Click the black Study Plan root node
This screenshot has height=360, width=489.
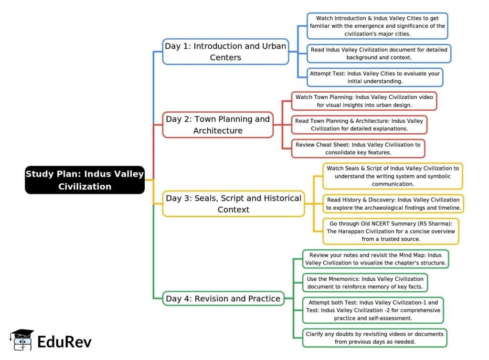tap(85, 180)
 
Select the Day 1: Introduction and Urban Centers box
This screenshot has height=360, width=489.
tap(225, 52)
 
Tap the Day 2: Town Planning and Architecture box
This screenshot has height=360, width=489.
tap(218, 125)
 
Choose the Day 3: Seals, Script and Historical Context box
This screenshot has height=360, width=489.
tap(234, 203)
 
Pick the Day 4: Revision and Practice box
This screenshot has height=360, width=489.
tap(223, 299)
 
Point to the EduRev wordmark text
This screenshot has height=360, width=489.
tap(64, 342)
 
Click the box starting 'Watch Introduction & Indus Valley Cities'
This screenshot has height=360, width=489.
tap(377, 26)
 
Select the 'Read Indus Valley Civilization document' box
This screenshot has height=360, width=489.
tap(379, 53)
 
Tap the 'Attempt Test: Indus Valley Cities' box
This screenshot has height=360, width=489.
tap(375, 77)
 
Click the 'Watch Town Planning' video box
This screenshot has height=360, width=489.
tap(364, 101)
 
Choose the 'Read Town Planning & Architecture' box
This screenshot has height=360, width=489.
tap(359, 125)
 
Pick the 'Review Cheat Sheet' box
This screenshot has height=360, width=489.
tap(358, 148)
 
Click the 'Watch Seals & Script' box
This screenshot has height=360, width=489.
tap(393, 176)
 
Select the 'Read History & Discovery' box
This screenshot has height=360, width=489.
tap(393, 203)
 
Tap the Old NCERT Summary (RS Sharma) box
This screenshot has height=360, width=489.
tap(391, 231)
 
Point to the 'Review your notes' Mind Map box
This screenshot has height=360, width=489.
tap(375, 259)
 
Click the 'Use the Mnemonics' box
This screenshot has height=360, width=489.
tap(365, 283)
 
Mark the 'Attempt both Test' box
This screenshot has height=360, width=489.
tap(373, 310)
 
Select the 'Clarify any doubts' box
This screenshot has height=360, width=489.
tap(375, 338)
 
